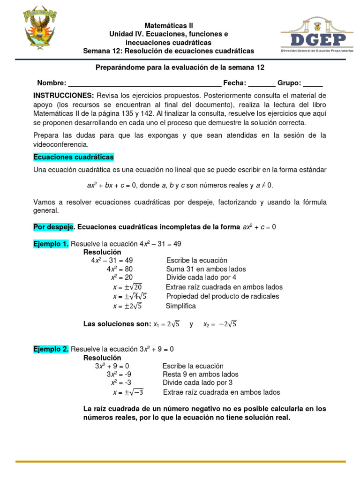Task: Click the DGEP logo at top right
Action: click(x=317, y=37)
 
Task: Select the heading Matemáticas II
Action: click(x=168, y=25)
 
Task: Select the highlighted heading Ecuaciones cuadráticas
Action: click(x=74, y=157)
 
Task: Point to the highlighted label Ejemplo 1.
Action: click(x=51, y=244)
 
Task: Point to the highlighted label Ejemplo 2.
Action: click(x=51, y=349)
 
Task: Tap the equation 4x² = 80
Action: click(x=120, y=269)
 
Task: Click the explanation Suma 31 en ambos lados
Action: click(x=206, y=269)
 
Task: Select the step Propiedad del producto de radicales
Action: click(x=223, y=296)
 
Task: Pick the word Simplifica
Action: click(x=181, y=306)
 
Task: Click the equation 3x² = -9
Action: click(x=119, y=375)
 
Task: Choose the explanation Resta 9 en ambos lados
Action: click(x=200, y=375)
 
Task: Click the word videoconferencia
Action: click(x=60, y=144)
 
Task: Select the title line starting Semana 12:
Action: click(x=168, y=51)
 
